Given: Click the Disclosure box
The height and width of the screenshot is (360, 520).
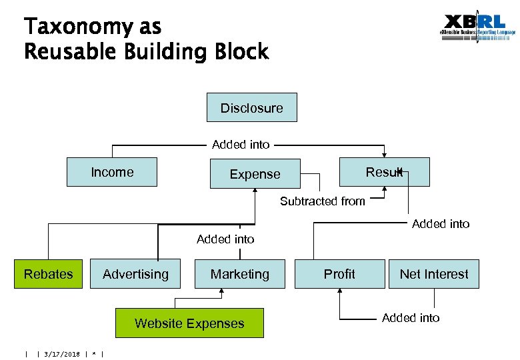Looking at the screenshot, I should (251, 108).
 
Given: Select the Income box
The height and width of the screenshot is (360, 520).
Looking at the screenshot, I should (112, 172).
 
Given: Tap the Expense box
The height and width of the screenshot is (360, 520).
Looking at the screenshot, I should (255, 174).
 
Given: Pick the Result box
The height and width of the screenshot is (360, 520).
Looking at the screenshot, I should (384, 172).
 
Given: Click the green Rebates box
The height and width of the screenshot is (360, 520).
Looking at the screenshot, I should (49, 274).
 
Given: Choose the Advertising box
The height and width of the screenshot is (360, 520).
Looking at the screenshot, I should (135, 274).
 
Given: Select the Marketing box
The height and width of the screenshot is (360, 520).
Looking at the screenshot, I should (240, 274).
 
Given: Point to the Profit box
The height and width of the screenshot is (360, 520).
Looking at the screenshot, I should (339, 274).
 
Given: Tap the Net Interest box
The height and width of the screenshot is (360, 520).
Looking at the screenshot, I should (434, 274).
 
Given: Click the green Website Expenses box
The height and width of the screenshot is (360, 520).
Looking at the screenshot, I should (189, 323).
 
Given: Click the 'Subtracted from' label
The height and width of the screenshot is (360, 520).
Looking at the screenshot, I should (322, 201).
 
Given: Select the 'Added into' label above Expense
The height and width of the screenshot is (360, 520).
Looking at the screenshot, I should (241, 144).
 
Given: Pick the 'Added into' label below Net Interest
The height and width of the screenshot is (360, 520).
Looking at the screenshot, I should (411, 318).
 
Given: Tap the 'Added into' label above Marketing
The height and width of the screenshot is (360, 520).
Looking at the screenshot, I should (225, 239).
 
